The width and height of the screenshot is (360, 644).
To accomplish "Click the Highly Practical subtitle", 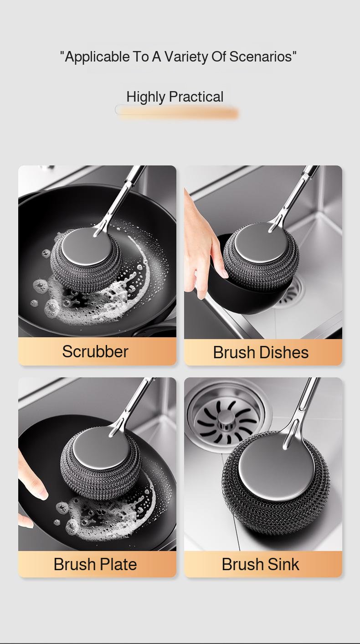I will pos(175,97).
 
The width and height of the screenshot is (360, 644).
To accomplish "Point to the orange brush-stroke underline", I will pos(178,113).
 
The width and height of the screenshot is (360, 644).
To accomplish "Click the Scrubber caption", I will pos(95,351).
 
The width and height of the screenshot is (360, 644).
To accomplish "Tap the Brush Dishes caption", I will pos(261,352).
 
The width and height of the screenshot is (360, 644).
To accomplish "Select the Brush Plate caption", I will pos(95,564).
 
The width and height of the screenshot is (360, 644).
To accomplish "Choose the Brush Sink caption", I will pos(261,564).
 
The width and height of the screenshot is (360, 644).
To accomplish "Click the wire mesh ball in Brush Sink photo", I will pos(273,515).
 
